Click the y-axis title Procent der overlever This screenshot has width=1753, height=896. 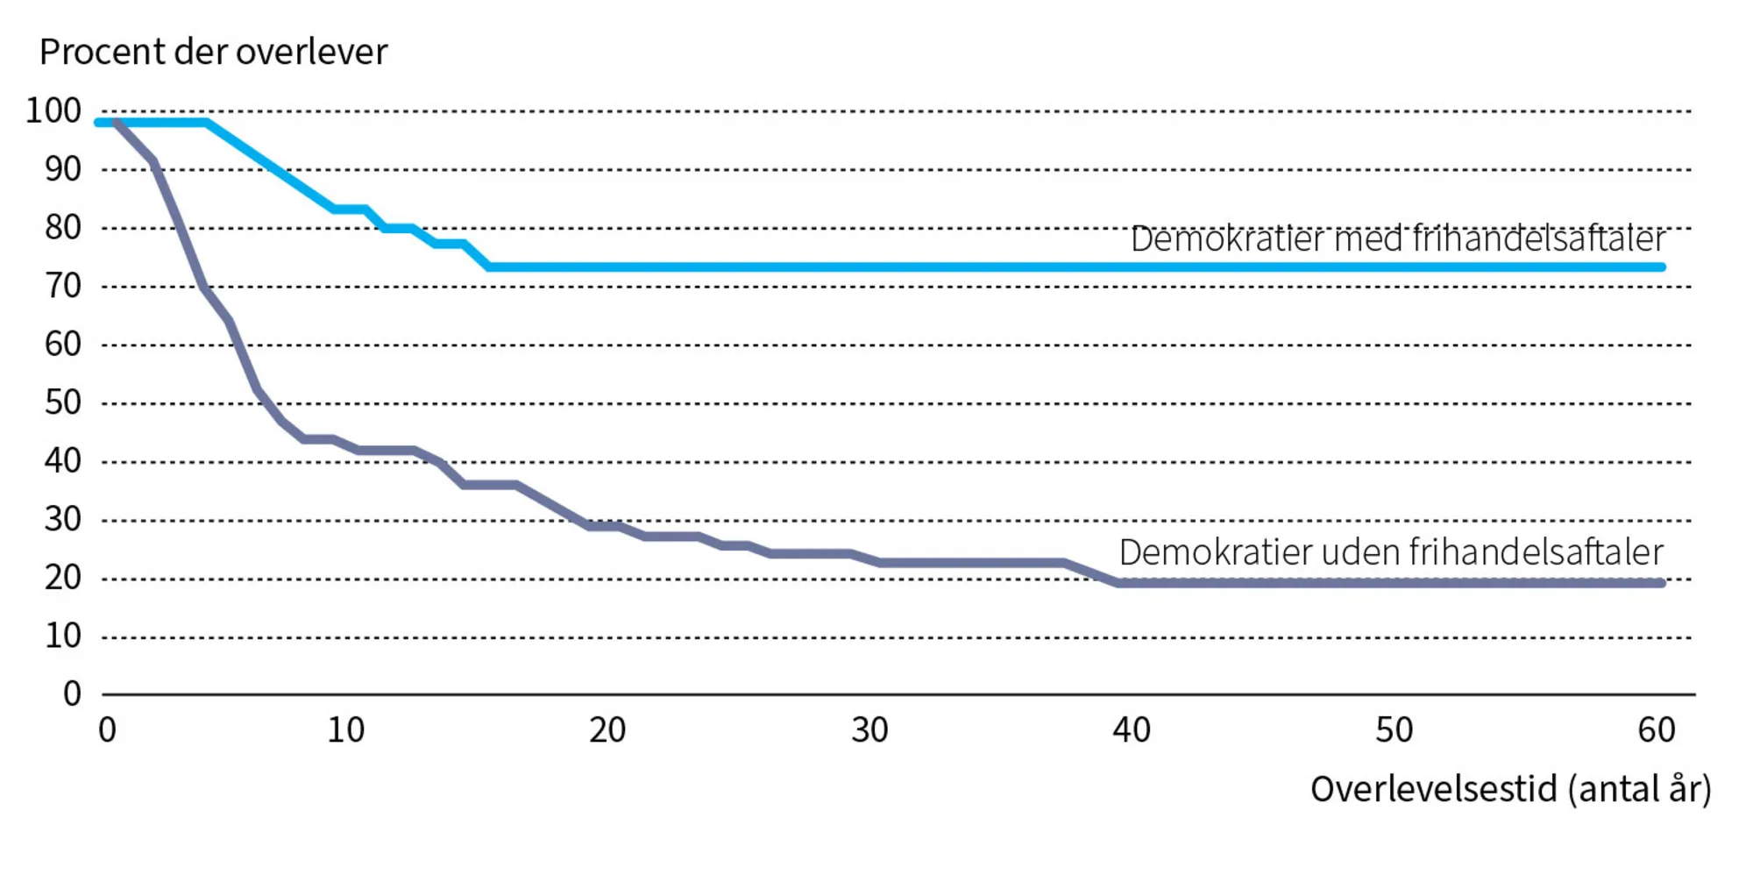click(213, 53)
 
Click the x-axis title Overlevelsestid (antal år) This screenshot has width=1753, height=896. click(1510, 789)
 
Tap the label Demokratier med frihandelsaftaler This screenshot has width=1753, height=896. click(1397, 238)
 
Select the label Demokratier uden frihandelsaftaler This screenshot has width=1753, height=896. click(1391, 552)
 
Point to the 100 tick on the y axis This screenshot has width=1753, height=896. click(53, 111)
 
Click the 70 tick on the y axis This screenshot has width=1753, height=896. click(62, 286)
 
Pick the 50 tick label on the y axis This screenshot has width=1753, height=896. click(62, 402)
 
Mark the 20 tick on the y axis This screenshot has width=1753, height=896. click(62, 578)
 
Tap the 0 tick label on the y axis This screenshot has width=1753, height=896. click(72, 694)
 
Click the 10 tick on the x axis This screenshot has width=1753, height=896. click(345, 730)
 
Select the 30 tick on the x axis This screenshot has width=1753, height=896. click(869, 730)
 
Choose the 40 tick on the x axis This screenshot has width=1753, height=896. click(1131, 730)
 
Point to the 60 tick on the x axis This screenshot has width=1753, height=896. click(1656, 730)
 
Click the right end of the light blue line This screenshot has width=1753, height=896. click(1662, 267)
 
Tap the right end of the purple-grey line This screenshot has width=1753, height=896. click(1662, 582)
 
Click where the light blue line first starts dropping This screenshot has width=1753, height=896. click(207, 123)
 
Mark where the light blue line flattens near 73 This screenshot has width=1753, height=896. click(489, 267)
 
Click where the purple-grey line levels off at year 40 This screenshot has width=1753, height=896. click(1118, 582)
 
